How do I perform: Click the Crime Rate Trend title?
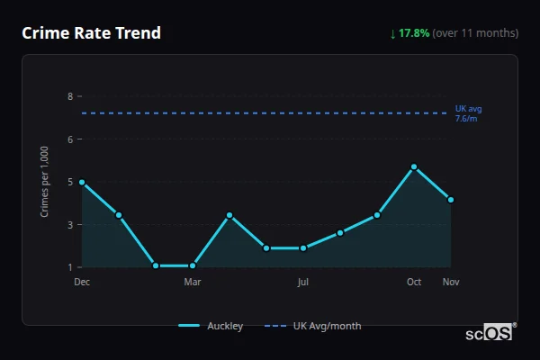(91, 33)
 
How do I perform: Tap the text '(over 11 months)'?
(475, 33)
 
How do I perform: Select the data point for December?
(82, 182)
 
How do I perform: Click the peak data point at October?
(414, 166)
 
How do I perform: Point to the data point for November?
(450, 200)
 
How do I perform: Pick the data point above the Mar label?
(193, 265)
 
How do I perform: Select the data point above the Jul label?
(303, 248)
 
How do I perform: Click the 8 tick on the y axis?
(69, 96)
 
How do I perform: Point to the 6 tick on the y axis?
(69, 139)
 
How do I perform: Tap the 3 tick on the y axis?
(69, 224)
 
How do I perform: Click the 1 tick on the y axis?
(69, 267)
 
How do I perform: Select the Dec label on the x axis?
(82, 282)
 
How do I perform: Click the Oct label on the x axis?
(414, 282)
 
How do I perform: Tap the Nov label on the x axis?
(451, 282)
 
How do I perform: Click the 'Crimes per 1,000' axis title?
(45, 182)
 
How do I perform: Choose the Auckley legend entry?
(211, 326)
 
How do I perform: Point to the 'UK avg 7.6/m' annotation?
(469, 113)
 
